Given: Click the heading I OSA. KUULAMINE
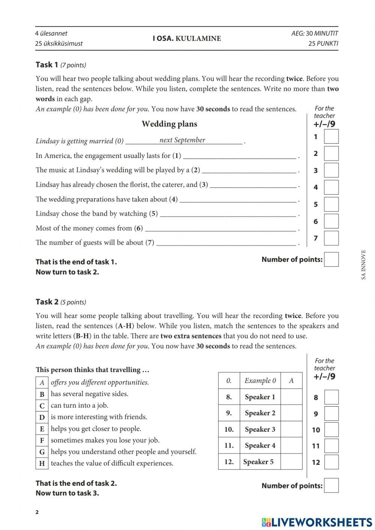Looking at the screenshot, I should (x=187, y=39).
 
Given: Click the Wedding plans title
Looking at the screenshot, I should (x=169, y=124).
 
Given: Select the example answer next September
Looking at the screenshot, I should (x=182, y=140).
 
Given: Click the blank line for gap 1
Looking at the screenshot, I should (x=240, y=156).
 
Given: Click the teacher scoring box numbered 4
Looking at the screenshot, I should (x=331, y=187).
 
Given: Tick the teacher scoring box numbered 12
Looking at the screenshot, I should (x=331, y=462).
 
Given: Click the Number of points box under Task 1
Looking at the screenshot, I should (x=331, y=260).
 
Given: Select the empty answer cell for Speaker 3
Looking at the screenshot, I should (x=291, y=429).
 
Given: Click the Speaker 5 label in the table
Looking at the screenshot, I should (x=258, y=462).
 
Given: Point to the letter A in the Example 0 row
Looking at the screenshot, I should (x=291, y=381).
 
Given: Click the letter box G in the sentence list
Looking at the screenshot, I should (x=42, y=452).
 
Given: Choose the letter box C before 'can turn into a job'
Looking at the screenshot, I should (x=42, y=406).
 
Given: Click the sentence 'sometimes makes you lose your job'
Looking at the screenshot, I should (x=105, y=440).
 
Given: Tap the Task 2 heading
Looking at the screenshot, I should (x=47, y=302).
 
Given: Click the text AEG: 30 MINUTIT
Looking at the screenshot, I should (x=315, y=33).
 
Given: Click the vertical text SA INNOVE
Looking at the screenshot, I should (x=363, y=265).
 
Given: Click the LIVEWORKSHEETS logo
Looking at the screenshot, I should (x=316, y=522).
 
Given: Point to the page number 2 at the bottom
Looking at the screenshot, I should (x=37, y=512).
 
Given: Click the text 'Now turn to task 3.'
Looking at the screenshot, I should (x=67, y=493).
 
